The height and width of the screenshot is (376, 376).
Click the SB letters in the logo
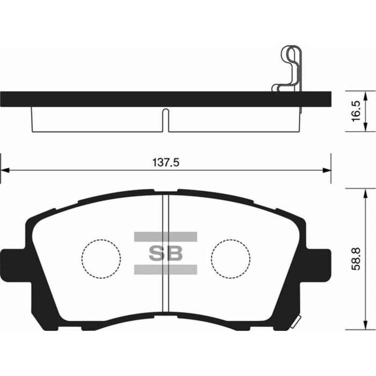(165, 253)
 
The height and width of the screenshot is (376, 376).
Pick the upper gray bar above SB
(165, 236)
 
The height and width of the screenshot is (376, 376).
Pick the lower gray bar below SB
(165, 270)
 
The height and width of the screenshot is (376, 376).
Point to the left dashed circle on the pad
(101, 258)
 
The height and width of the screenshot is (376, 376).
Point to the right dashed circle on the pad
(231, 258)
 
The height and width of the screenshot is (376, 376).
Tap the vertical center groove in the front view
(166, 252)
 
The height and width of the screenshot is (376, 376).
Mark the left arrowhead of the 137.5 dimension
(4, 171)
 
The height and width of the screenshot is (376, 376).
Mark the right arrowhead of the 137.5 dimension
(327, 171)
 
